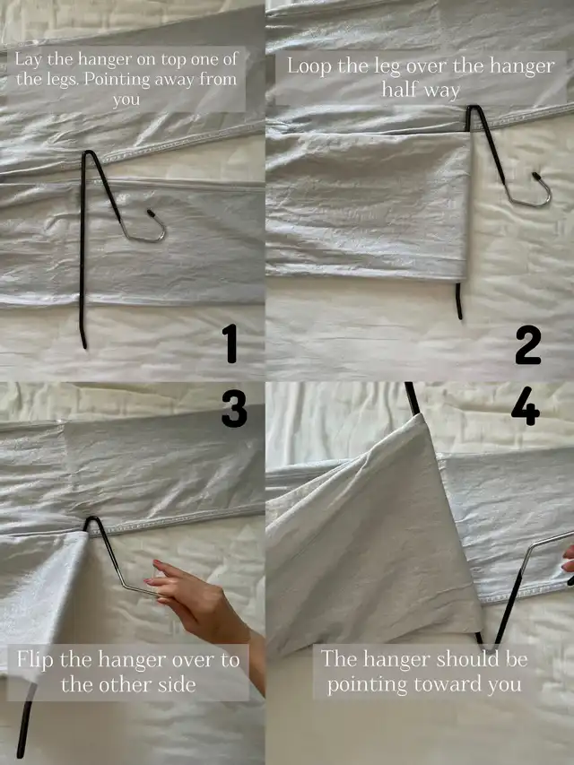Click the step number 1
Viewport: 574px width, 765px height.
click(x=230, y=343)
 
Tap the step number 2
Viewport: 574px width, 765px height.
click(x=528, y=345)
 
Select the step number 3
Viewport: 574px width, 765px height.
click(x=234, y=409)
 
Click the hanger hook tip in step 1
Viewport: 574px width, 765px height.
click(x=151, y=213)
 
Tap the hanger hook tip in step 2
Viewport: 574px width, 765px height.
click(x=536, y=176)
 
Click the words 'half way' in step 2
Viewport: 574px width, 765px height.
click(x=421, y=91)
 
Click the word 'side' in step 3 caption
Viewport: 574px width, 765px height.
click(x=178, y=684)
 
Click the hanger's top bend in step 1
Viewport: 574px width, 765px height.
click(x=88, y=153)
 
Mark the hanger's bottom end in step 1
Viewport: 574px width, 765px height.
click(x=84, y=344)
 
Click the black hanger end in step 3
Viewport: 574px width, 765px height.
click(x=25, y=721)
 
